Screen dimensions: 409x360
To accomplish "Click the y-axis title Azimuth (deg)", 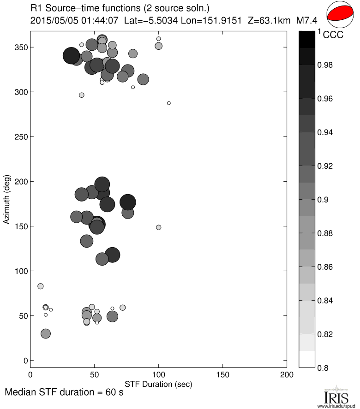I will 7,199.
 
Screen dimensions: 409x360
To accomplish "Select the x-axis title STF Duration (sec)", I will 158,384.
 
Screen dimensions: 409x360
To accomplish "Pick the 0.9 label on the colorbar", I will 326,200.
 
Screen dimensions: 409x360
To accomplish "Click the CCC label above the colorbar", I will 333,35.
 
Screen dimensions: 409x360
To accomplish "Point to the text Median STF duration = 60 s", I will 64,393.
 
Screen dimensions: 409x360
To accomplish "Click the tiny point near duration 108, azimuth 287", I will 168,103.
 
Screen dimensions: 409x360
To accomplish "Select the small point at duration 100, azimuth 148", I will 158,227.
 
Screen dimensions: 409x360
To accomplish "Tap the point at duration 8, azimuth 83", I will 41,286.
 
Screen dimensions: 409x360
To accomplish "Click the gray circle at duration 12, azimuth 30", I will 46,334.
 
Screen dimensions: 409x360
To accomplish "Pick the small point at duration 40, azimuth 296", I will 82,95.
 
